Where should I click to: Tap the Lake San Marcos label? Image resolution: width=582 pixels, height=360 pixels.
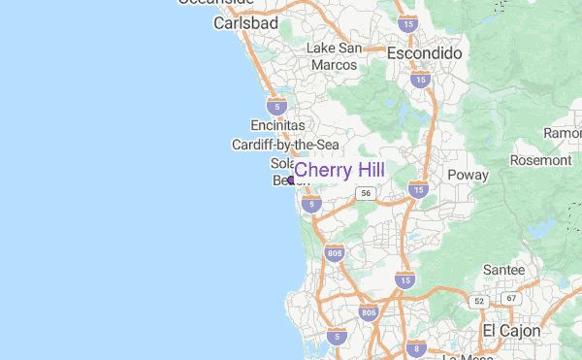click(334, 56)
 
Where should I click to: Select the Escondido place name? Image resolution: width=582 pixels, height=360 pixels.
click(424, 53)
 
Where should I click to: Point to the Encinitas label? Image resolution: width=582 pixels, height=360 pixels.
click(277, 126)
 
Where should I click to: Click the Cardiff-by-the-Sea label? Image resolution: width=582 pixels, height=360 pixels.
click(284, 145)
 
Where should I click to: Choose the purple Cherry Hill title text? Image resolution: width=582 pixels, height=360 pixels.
click(339, 171)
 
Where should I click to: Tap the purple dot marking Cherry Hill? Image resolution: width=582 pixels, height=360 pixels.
click(291, 180)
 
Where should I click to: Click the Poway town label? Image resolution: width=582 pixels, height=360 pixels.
click(468, 175)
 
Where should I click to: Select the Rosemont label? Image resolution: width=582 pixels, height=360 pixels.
click(541, 159)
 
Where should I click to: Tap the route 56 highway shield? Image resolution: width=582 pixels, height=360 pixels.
click(365, 194)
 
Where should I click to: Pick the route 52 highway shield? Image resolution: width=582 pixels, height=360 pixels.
click(479, 302)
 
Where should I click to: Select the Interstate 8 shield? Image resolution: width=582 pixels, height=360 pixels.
click(415, 348)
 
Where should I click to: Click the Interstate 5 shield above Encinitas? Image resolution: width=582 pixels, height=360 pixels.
click(278, 105)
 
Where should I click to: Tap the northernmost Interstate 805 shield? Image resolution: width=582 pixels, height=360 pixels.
click(336, 254)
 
